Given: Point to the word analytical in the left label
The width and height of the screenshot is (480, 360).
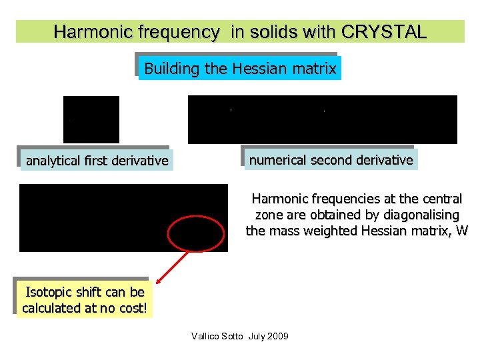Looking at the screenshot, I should click(53, 161).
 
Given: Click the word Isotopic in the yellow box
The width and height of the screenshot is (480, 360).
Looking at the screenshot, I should click(48, 292).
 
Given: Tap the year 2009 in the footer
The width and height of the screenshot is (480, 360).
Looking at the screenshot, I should click(277, 336).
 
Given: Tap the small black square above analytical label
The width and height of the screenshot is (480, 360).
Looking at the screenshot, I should click(91, 119).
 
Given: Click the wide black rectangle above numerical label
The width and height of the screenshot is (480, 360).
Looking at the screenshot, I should click(323, 119).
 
